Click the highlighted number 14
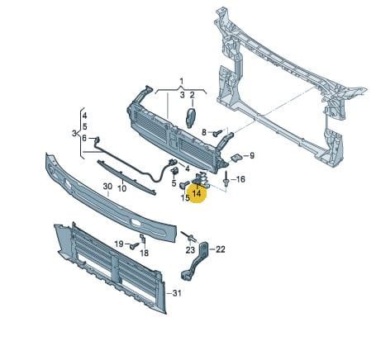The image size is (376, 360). coord(197,193)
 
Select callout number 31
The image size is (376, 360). coord(177,293)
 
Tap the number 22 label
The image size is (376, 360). coord(221,249)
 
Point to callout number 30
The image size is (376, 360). coord(107,187)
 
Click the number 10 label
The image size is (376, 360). coord(121,188)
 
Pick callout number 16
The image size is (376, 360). coord(240,179)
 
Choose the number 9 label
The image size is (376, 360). coord(252,156)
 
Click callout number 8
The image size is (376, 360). coord(204,132)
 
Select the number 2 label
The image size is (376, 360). coord(192,95)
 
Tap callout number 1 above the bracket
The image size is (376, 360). coord(181,81)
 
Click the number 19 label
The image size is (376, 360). coord(119,244)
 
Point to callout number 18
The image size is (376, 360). coord(145,253)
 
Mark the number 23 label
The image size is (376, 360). coord(190,250)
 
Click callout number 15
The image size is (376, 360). coord(185,197)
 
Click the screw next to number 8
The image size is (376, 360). coord(217,134)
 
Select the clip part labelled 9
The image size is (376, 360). coord(236,158)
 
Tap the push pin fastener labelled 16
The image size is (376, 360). coord(226,179)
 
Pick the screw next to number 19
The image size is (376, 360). coord(135,245)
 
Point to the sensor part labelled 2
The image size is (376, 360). coord(191,118)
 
